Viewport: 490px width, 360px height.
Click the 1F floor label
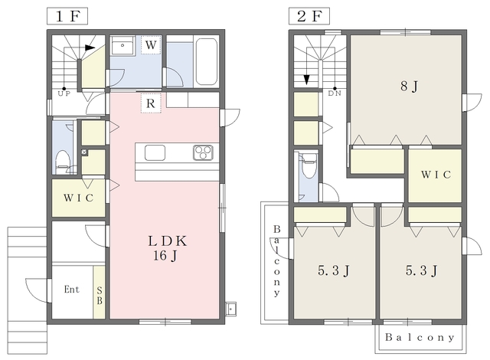pos(67,16)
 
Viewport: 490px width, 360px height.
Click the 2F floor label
pos(309,16)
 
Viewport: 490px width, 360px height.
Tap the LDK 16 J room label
pos(167,248)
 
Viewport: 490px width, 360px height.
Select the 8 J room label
pos(409,87)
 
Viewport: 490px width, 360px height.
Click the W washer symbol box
pos(151,45)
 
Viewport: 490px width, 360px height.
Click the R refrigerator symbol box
pos(151,103)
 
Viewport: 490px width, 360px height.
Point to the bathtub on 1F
pos(206,61)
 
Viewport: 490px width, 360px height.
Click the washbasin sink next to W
pos(122,46)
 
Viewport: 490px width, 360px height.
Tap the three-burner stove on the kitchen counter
pos(203,152)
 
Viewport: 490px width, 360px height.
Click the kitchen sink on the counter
pos(155,153)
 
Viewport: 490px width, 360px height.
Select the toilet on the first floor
pos(63,162)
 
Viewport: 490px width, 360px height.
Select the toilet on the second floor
pos(309,166)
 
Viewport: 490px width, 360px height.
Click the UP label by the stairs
pos(64,93)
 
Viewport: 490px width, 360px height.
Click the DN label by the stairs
pos(335,93)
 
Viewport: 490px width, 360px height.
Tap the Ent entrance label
pos(71,290)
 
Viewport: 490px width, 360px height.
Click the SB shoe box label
pos(100,296)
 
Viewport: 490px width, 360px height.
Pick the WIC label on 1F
pos(78,198)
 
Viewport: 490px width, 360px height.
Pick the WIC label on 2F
pos(436,175)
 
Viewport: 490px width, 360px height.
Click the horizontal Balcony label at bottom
pos(420,338)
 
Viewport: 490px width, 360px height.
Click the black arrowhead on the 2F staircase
pos(307,80)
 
